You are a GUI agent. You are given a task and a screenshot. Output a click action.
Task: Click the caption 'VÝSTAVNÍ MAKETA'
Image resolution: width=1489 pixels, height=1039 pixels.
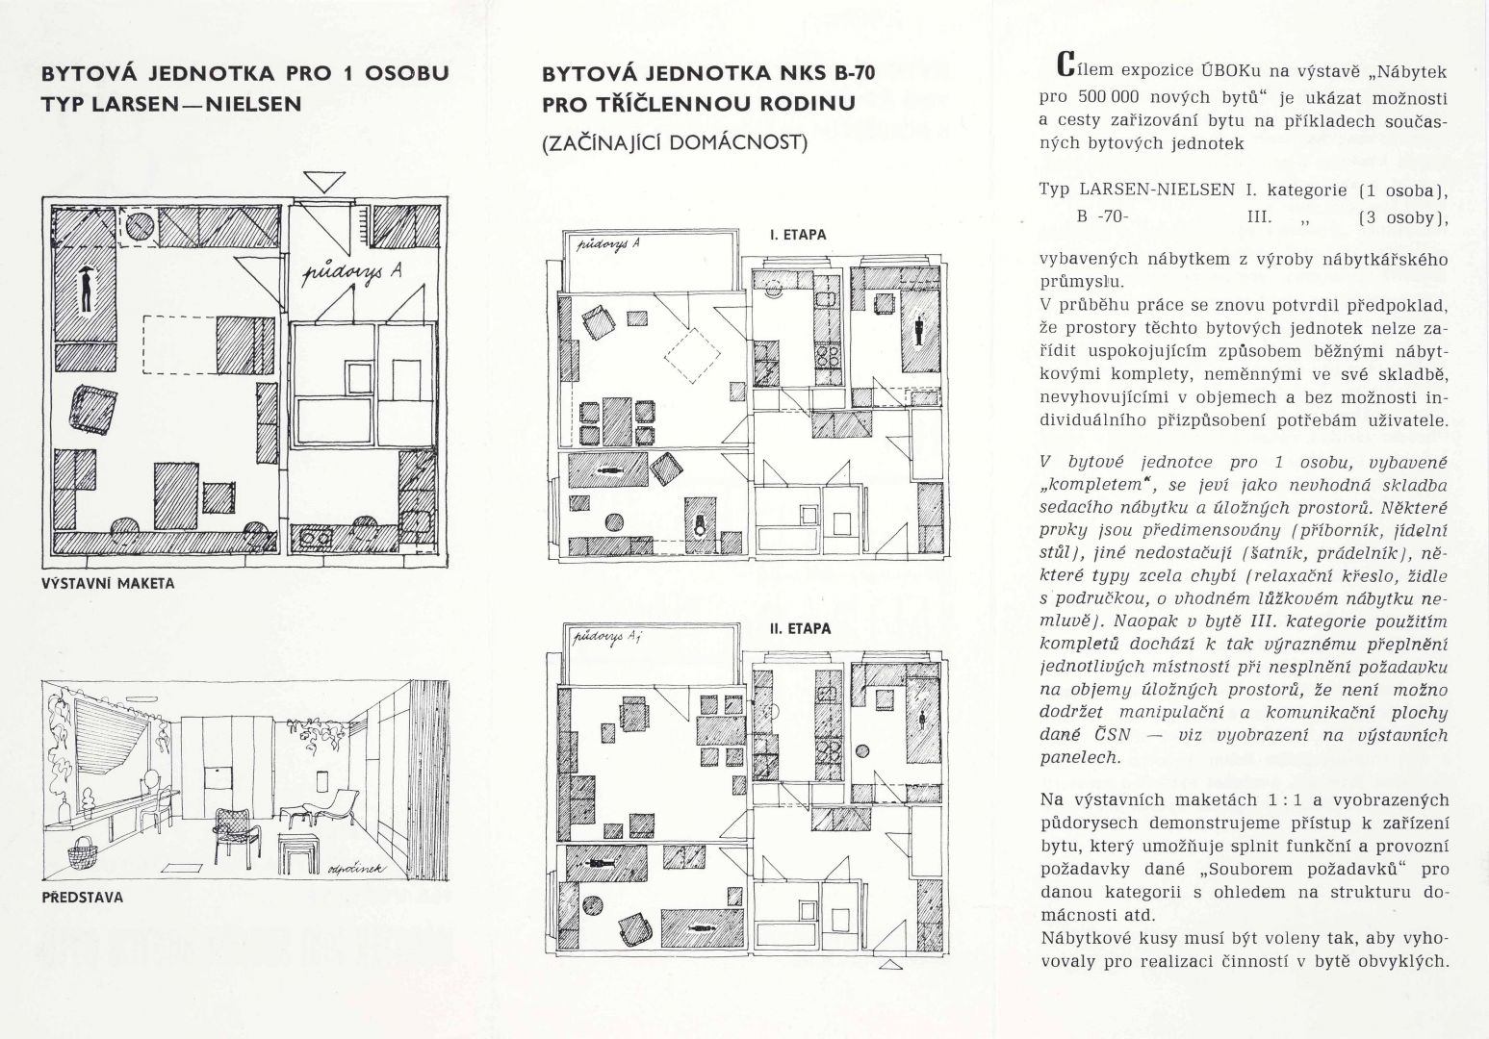coord(108,583)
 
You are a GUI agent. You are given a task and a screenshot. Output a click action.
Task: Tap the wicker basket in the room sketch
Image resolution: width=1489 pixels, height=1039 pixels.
coord(83,854)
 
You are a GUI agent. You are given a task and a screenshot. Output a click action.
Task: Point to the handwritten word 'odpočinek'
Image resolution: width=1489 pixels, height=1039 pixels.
coord(356,869)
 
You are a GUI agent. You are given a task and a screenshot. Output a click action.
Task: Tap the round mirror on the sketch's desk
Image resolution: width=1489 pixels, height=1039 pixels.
coord(152,777)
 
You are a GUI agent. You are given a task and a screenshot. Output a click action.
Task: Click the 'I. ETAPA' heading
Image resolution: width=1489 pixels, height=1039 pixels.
coord(797,235)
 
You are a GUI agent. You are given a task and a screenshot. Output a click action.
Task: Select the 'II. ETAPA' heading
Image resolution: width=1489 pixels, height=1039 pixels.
coord(799,629)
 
